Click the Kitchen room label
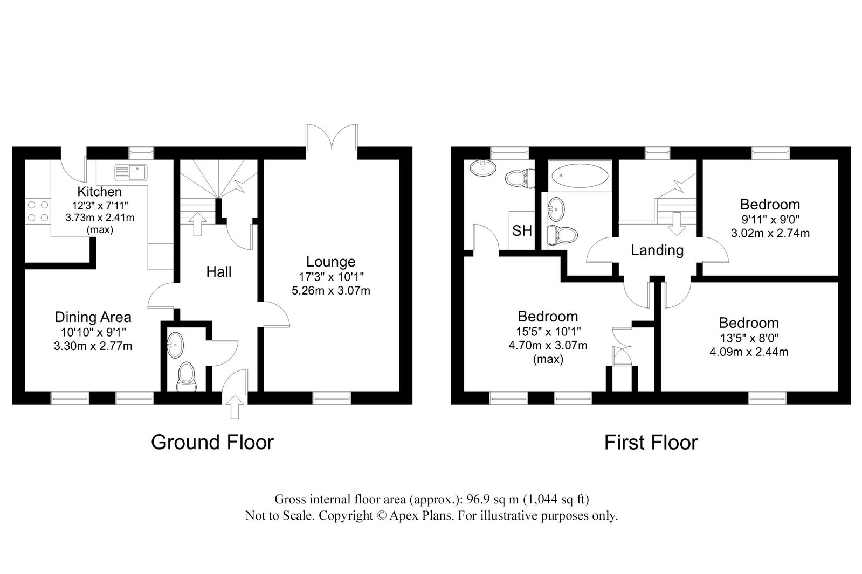tap(99, 192)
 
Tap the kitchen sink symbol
tap(131, 172)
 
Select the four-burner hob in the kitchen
tap(38, 212)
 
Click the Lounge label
tap(330, 262)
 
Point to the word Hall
tap(218, 272)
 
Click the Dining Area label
tap(93, 317)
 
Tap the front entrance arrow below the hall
tap(235, 407)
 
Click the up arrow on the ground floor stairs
tap(197, 224)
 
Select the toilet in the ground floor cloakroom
tap(187, 376)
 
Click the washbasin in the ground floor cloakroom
tap(175, 345)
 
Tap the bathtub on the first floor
tap(580, 176)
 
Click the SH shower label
tap(522, 230)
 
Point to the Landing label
tap(657, 250)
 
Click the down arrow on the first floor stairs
tap(677, 224)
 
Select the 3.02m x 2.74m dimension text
tap(770, 233)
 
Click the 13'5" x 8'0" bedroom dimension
tap(749, 338)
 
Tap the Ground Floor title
tap(212, 442)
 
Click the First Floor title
tap(651, 443)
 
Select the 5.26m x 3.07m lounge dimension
tap(331, 291)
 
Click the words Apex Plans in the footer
tap(421, 515)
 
